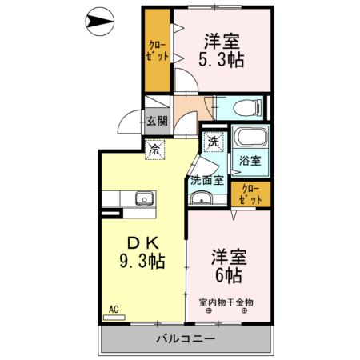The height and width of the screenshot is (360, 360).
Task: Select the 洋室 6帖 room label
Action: [228, 266]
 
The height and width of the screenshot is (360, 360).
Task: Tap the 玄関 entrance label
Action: [157, 122]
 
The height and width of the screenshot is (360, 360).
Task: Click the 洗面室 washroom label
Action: [205, 180]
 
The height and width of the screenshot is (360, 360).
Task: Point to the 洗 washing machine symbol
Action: [213, 142]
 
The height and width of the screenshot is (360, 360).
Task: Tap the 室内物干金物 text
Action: [226, 302]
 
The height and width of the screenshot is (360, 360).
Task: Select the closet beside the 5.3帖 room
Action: [158, 51]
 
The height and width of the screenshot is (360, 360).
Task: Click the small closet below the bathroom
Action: [250, 194]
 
